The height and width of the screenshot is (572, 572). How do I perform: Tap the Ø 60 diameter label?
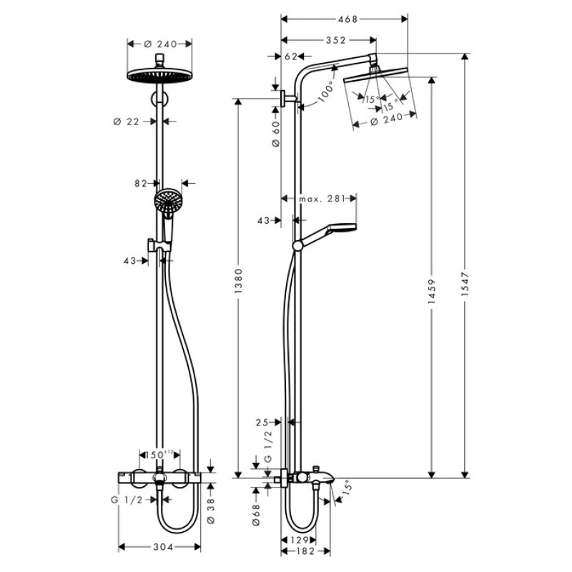[x=277, y=133]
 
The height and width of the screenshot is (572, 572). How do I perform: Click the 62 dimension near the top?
[x=290, y=55]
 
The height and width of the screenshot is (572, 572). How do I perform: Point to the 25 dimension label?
[x=262, y=423]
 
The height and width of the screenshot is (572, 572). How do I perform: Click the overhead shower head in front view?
[x=159, y=76]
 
